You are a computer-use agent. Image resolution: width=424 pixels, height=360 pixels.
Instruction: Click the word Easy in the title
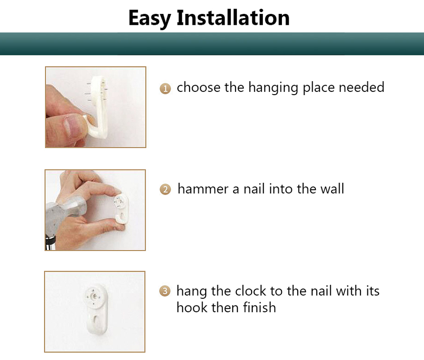coord(150,18)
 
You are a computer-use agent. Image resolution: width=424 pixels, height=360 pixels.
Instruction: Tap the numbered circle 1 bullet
coord(165,88)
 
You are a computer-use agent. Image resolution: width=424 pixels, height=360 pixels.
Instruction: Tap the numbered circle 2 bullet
coord(165,189)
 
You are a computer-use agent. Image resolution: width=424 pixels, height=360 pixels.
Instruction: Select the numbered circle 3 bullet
coord(165,291)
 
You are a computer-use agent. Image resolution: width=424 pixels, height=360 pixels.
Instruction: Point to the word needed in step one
coord(361,87)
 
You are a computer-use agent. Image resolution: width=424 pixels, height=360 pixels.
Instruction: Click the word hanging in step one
coord(273,88)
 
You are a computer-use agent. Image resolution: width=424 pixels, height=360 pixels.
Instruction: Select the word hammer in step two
coord(203,189)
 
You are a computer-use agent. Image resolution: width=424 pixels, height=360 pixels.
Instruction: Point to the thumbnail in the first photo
coord(72,124)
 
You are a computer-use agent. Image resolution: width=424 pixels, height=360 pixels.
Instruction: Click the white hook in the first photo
coord(98,108)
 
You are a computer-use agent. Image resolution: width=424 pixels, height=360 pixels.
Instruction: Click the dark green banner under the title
coord(212,44)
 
